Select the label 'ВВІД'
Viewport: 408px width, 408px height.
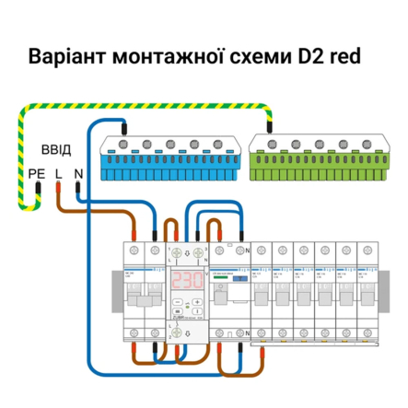(x=55, y=148)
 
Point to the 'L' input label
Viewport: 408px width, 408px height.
(x=59, y=171)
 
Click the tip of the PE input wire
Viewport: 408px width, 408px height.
(x=38, y=188)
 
